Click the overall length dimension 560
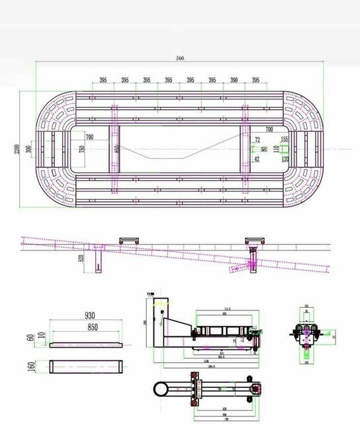180,58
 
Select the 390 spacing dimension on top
234,80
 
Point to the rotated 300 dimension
28,149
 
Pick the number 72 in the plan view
257,140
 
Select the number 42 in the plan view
257,159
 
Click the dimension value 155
285,140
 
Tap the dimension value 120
285,159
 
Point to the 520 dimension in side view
81,258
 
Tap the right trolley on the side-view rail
254,240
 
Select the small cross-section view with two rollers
305,333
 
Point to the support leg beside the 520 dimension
99,258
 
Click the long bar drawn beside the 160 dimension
86,366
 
